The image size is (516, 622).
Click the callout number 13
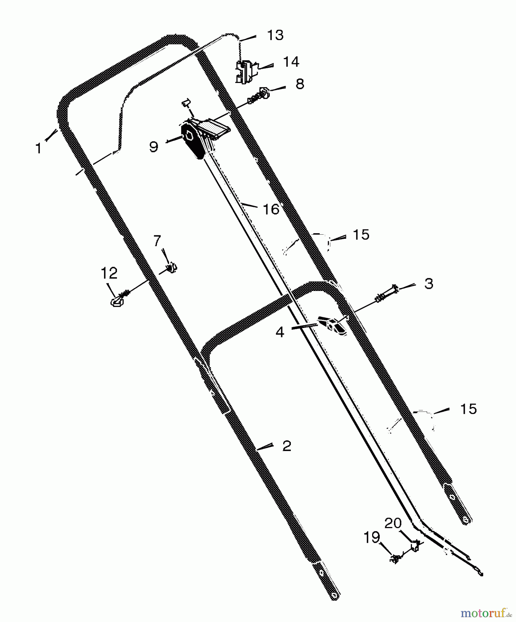click(x=275, y=35)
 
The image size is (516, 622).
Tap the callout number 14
click(x=291, y=62)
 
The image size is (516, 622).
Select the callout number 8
click(x=300, y=84)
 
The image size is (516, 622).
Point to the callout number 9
click(x=154, y=147)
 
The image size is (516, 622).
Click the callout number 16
click(x=271, y=209)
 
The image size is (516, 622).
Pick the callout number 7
click(x=157, y=241)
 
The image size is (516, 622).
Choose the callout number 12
click(x=109, y=273)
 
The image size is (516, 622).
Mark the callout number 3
click(x=429, y=284)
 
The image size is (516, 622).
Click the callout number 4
click(x=280, y=332)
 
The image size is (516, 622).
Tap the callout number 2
click(x=287, y=446)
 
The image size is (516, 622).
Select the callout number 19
click(x=372, y=538)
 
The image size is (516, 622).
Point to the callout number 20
click(x=393, y=523)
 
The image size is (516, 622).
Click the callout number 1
click(x=38, y=149)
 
